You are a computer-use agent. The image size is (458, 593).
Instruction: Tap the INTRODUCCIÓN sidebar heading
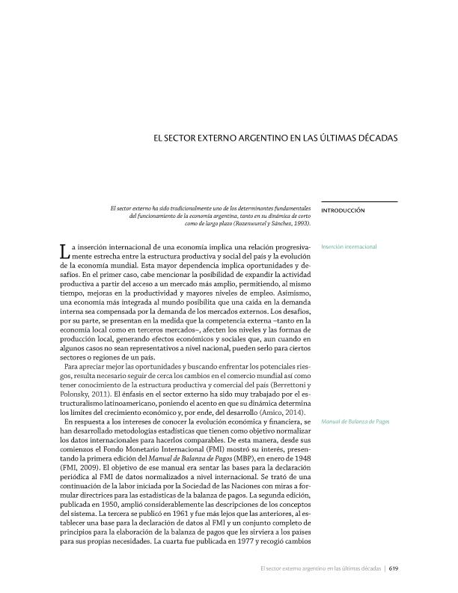click(x=343, y=210)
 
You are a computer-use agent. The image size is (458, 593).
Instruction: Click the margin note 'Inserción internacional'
click(x=349, y=246)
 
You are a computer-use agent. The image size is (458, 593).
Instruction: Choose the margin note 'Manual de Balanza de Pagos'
click(x=354, y=422)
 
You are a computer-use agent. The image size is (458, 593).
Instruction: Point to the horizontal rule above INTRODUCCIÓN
click(x=358, y=201)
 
